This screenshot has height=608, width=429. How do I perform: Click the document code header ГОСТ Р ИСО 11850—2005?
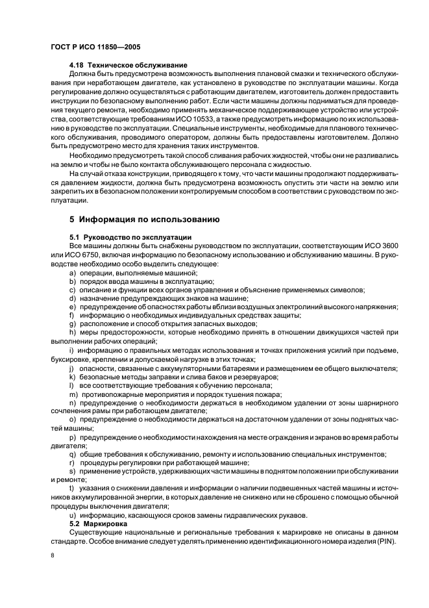95,48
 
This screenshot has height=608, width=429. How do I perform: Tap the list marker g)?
72,323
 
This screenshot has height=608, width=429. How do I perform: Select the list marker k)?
72,377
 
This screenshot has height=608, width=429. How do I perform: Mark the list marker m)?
73,394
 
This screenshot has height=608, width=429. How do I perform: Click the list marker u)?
72,516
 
